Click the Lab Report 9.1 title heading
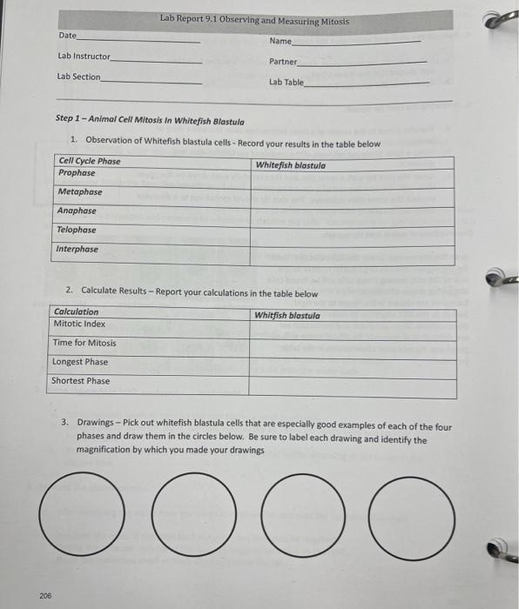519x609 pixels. click(254, 20)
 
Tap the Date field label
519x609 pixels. click(67, 36)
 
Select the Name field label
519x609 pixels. click(280, 41)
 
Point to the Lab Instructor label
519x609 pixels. click(84, 57)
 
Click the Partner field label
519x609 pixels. click(283, 62)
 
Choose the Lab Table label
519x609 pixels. click(286, 83)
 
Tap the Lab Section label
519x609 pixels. click(78, 77)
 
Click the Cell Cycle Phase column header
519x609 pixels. click(89, 162)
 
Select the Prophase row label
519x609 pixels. click(77, 173)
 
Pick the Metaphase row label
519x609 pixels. click(79, 192)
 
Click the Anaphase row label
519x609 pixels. click(77, 211)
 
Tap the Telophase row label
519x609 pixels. click(77, 231)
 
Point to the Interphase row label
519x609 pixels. click(78, 250)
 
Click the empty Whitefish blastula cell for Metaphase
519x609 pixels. click(352, 193)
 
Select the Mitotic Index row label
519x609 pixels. click(79, 324)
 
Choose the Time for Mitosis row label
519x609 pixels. click(84, 343)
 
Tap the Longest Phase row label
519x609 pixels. click(80, 362)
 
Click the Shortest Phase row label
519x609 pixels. click(80, 381)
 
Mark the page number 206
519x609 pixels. click(45, 595)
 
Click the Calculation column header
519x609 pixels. click(76, 312)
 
